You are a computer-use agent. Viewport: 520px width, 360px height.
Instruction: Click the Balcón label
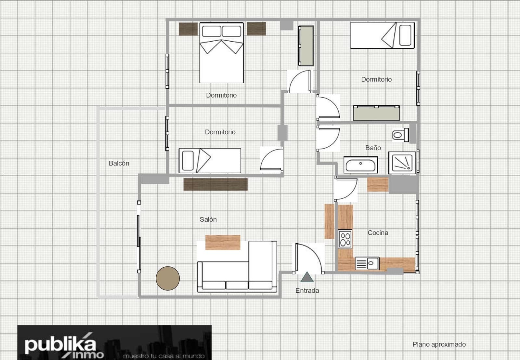pyautogui.click(x=119, y=163)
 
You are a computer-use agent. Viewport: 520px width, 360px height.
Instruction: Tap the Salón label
pyautogui.click(x=208, y=219)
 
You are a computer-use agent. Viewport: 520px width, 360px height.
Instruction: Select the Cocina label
pyautogui.click(x=378, y=233)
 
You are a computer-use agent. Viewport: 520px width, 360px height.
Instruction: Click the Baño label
pyautogui.click(x=373, y=148)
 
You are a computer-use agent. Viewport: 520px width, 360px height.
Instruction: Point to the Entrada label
pyautogui.click(x=307, y=290)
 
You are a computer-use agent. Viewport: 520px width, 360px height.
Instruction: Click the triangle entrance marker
pyautogui.click(x=307, y=277)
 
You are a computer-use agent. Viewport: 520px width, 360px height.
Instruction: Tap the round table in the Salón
pyautogui.click(x=168, y=278)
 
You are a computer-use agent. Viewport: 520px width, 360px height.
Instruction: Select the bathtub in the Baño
pyautogui.click(x=360, y=165)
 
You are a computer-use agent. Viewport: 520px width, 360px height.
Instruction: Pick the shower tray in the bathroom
pyautogui.click(x=402, y=163)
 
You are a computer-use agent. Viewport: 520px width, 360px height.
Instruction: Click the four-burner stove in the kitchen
pyautogui.click(x=345, y=239)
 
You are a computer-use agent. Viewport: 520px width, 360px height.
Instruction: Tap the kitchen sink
pyautogui.click(x=367, y=263)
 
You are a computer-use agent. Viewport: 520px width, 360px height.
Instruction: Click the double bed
pyautogui.click(x=222, y=53)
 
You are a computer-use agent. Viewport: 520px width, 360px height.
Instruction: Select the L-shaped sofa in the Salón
pyautogui.click(x=237, y=267)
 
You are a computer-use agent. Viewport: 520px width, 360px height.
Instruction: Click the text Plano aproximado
pyautogui.click(x=439, y=344)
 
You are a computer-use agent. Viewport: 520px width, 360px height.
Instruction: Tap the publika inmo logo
pyautogui.click(x=114, y=342)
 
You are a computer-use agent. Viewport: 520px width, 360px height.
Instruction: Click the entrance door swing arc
pyautogui.click(x=313, y=252)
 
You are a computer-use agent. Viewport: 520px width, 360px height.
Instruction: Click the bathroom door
pyautogui.click(x=328, y=139)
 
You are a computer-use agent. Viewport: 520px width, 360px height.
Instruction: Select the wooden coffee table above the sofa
pyautogui.click(x=223, y=243)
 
